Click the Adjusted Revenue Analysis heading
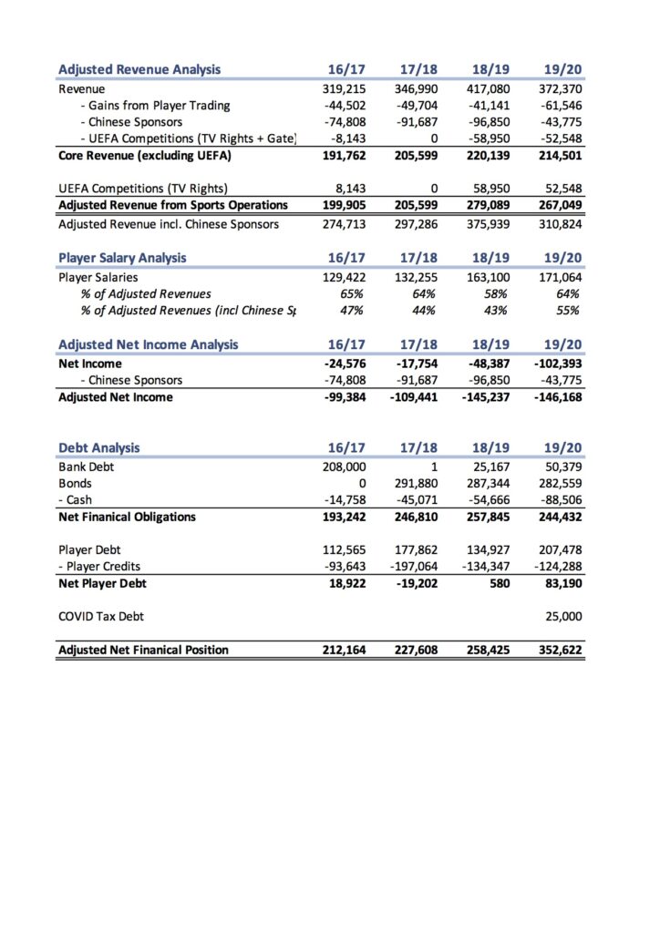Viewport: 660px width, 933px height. click(x=139, y=69)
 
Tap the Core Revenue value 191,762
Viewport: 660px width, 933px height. click(x=346, y=155)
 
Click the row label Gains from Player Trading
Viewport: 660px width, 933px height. click(x=159, y=106)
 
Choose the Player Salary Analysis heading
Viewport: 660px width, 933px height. click(x=122, y=257)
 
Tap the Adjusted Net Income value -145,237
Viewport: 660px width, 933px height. click(x=483, y=396)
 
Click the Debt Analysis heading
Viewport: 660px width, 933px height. click(x=98, y=447)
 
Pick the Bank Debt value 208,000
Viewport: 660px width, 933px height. click(x=346, y=467)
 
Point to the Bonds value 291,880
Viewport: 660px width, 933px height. click(x=416, y=484)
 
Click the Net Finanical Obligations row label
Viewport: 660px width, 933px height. click(x=127, y=517)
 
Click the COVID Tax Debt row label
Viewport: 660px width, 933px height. click(x=100, y=617)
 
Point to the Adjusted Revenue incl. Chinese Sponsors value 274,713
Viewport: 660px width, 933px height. click(x=346, y=223)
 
